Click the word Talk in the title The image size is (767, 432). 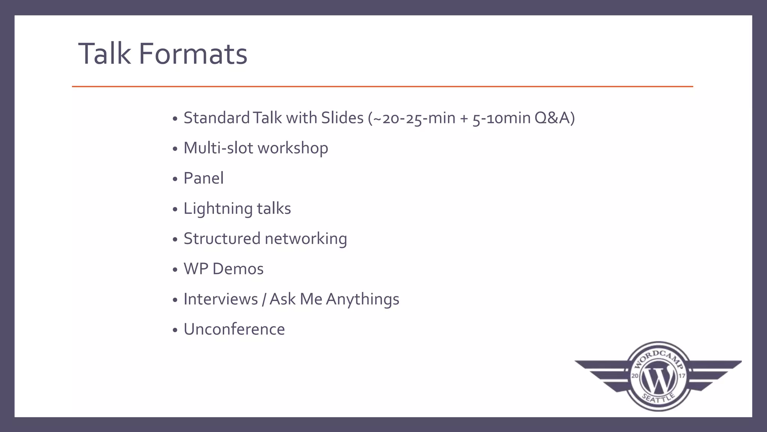[x=104, y=54]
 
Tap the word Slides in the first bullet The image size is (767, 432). [x=342, y=118]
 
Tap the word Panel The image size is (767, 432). [x=203, y=178]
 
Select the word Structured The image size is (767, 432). [x=222, y=239]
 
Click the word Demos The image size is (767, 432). [x=238, y=269]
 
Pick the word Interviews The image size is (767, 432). [x=221, y=299]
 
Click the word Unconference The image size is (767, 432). [x=234, y=329]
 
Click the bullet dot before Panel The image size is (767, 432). [x=175, y=179]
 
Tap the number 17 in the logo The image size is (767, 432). [x=682, y=376]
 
